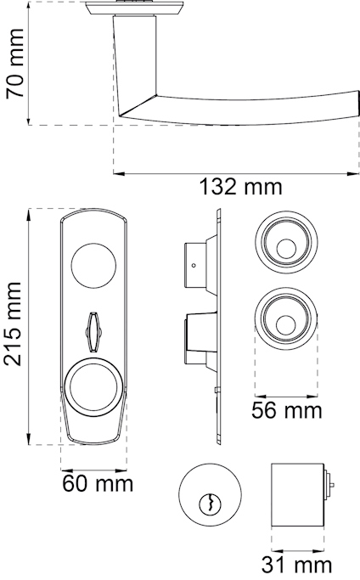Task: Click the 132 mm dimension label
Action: tap(239, 187)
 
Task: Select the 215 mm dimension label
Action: tap(14, 325)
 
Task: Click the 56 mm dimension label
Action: tap(288, 411)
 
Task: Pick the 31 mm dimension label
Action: tap(296, 564)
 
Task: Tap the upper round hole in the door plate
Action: tap(93, 266)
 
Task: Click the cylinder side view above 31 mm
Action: tap(296, 495)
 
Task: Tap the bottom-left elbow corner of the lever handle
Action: tap(121, 115)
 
